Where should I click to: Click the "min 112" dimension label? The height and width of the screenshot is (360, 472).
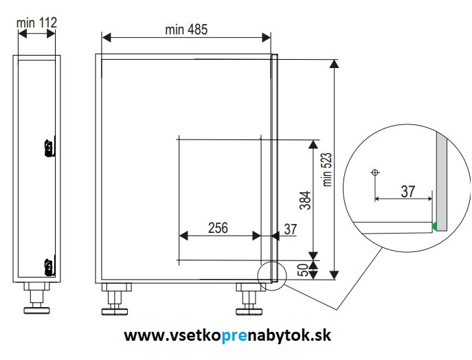36,23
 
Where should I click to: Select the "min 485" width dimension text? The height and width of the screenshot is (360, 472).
186,30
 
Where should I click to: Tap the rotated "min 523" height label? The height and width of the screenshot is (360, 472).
327,170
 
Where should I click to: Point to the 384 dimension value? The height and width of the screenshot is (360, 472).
305,200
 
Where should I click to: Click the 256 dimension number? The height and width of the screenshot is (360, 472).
218,228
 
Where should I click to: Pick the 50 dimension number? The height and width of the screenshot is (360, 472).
304,270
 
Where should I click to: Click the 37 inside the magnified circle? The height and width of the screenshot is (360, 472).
408,192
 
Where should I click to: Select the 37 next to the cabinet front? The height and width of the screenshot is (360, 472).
291,229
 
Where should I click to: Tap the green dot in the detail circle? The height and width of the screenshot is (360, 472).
435,226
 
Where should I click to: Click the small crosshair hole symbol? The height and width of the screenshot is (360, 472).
374,172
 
